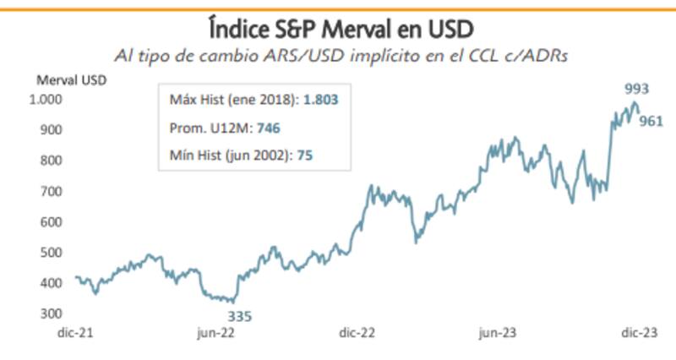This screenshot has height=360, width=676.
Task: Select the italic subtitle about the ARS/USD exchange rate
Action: click(x=339, y=56)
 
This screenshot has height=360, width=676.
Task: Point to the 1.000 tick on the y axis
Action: click(x=47, y=99)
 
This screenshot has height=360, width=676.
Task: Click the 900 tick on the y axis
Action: click(x=52, y=130)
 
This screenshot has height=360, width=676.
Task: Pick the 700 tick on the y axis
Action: click(x=52, y=192)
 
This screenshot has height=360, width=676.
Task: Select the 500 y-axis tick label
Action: click(x=52, y=253)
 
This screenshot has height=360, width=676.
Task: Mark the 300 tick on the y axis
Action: click(x=52, y=314)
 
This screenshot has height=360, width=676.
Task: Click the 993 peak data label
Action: click(x=636, y=88)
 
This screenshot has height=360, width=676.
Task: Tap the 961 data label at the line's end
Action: click(x=651, y=121)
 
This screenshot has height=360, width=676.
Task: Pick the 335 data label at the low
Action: click(x=239, y=316)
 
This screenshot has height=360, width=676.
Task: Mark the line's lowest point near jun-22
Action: click(x=233, y=302)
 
